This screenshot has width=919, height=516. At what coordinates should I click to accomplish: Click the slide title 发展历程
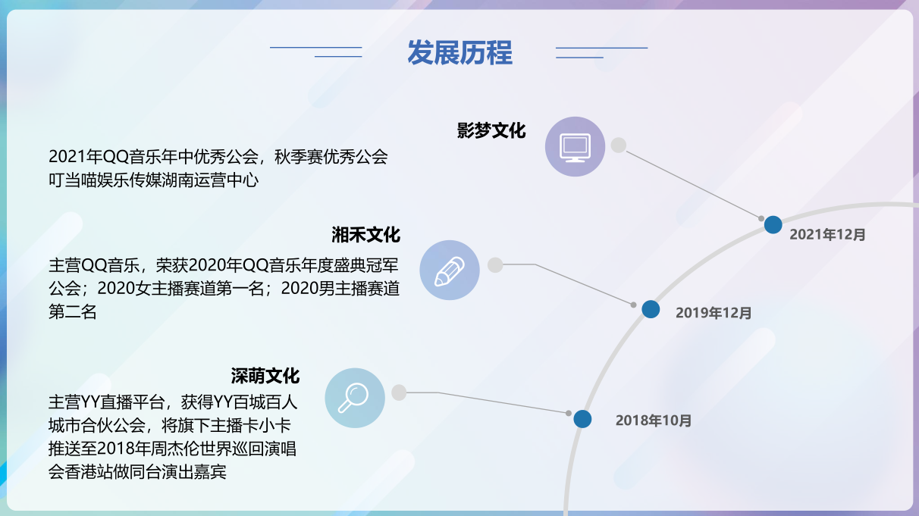click(459, 53)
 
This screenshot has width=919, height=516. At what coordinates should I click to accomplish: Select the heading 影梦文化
click(491, 130)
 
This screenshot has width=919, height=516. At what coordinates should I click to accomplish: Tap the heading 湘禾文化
click(365, 235)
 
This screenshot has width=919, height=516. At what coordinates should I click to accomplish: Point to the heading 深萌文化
click(265, 376)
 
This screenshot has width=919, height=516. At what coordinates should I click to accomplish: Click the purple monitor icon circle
click(576, 146)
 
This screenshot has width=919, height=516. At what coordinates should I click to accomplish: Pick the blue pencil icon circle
click(450, 271)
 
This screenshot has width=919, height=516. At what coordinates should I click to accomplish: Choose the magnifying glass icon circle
click(355, 398)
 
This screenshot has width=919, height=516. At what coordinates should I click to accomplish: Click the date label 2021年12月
click(827, 235)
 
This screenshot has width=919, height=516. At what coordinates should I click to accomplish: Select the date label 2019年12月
click(714, 313)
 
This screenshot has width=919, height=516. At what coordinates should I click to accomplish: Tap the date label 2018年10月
click(654, 421)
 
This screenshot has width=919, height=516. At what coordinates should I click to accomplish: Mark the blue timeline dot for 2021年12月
click(773, 224)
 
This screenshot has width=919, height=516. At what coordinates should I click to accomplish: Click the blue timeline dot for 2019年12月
click(651, 309)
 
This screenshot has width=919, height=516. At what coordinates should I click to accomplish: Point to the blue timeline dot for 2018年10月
click(582, 419)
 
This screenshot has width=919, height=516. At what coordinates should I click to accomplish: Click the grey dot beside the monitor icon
click(619, 145)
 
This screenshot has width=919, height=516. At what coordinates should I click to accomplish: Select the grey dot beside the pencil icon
click(495, 264)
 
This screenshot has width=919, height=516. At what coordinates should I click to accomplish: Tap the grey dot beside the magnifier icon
click(400, 392)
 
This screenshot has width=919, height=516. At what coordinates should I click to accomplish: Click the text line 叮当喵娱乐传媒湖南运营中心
click(154, 180)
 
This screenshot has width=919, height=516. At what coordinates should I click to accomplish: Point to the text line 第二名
click(73, 312)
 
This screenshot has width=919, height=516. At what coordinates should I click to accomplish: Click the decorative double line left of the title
click(316, 52)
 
